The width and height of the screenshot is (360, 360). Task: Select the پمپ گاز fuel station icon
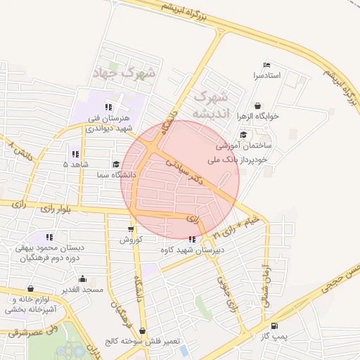coord(274,326)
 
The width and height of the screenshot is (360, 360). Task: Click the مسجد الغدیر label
coord(82,289)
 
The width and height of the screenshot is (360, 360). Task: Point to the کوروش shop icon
coord(131,229)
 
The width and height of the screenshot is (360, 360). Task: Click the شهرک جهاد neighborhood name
coord(127,72)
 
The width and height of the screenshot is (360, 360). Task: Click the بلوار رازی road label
coord(58,209)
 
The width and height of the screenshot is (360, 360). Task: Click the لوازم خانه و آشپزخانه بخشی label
coord(31,304)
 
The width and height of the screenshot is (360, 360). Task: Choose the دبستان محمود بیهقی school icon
coord(50,238)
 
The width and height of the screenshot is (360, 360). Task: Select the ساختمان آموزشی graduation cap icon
coord(243,135)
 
